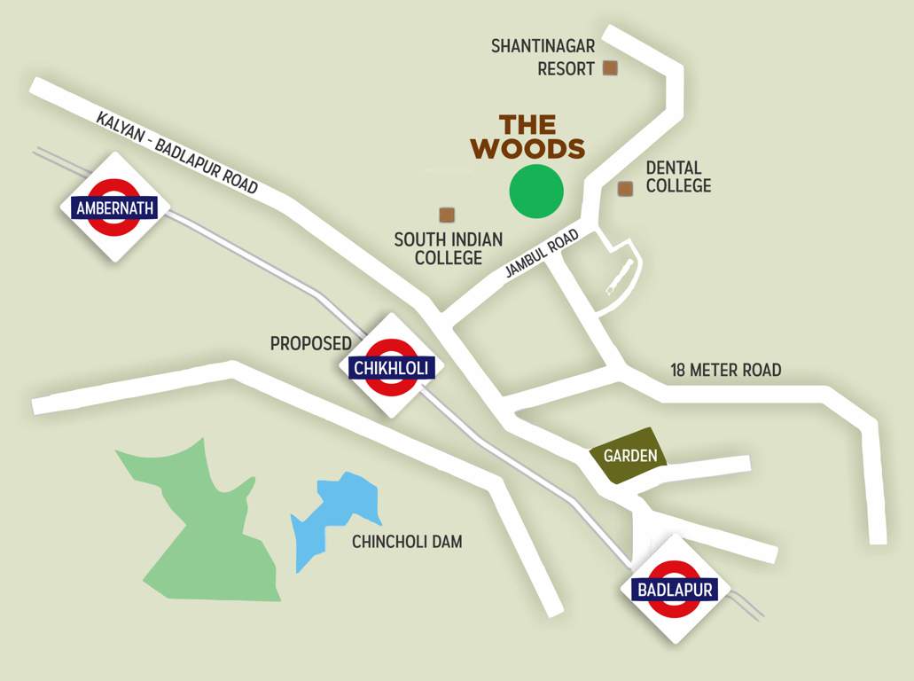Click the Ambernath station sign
click(x=115, y=208)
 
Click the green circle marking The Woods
click(x=536, y=192)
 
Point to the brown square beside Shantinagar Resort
click(x=610, y=67)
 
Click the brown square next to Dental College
click(x=625, y=188)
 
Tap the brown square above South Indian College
click(x=447, y=215)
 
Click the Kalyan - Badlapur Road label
click(x=176, y=153)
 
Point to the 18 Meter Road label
click(x=725, y=370)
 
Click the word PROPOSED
click(x=310, y=343)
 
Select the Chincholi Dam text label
click(x=407, y=542)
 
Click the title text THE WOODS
click(x=527, y=137)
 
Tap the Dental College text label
click(x=678, y=176)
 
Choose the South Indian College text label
click(x=448, y=248)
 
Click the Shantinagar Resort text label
click(x=543, y=57)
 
